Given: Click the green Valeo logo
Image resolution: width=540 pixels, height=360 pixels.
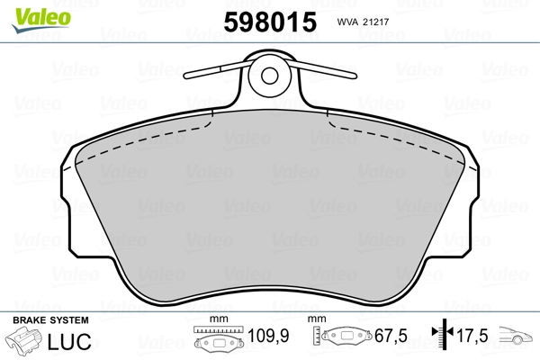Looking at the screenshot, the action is tap(41, 20).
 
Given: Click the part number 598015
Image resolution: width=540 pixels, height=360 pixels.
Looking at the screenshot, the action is tap(270, 22).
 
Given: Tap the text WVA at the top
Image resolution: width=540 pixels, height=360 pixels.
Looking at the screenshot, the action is tap(347, 22).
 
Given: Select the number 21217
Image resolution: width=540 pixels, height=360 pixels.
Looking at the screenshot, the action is tap(375, 22).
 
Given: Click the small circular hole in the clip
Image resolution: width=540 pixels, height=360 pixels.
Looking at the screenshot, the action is tap(270, 76).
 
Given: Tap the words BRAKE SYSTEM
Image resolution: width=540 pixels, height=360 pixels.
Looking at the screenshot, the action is tap(50, 320).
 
